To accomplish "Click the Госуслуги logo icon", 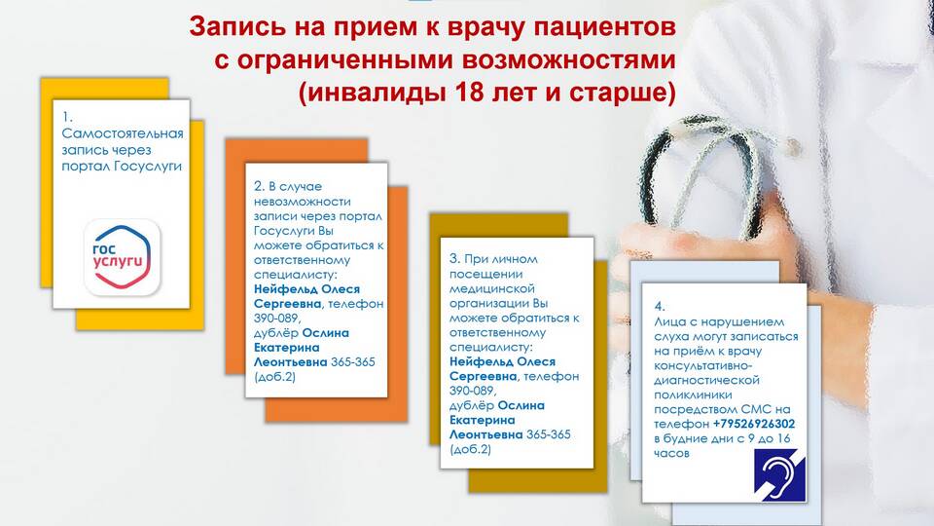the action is tap(123, 257).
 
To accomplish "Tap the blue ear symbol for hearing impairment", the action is tap(779, 474).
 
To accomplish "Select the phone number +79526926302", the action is tap(753, 424).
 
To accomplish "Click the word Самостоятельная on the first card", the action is tap(123, 133).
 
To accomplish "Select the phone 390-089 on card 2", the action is tap(275, 319).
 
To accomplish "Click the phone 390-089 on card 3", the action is tap(471, 392).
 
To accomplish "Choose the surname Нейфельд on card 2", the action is tap(286, 289).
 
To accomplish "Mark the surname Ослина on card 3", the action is tap(521, 405).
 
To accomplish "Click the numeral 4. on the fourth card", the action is tap(660, 307).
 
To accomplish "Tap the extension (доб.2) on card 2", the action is tap(274, 377).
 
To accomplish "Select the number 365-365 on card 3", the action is tap(549, 434).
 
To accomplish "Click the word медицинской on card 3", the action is tap(492, 288).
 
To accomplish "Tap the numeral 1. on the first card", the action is tap(67, 118).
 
